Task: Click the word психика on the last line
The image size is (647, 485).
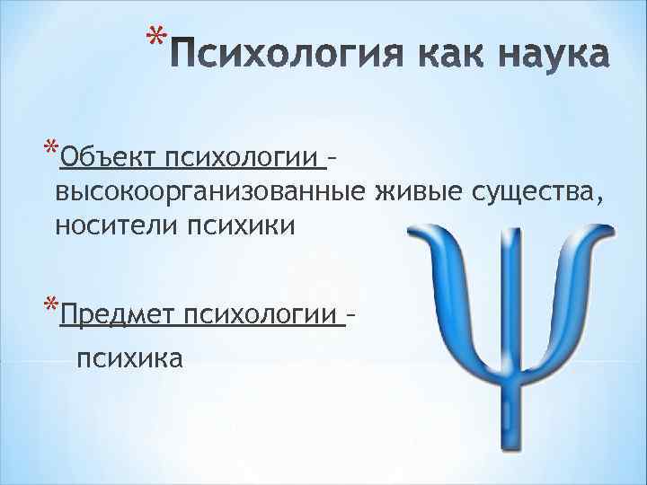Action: coord(129,358)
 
